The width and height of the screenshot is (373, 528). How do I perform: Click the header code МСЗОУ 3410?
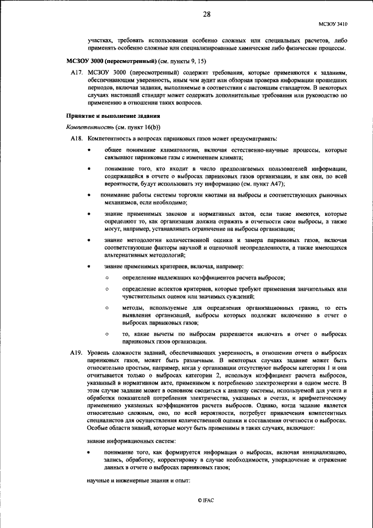pos(333,25)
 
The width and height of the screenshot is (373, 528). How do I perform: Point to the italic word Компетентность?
pos(90,127)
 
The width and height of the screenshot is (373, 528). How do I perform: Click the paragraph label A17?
pos(76,72)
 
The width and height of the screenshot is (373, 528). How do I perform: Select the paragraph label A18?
pos(76,138)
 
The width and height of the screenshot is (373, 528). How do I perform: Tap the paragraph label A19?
pos(76,354)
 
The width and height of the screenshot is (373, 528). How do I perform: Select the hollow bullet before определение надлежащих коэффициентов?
pos(107,278)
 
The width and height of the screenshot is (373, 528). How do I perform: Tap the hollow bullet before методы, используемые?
pos(107,307)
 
